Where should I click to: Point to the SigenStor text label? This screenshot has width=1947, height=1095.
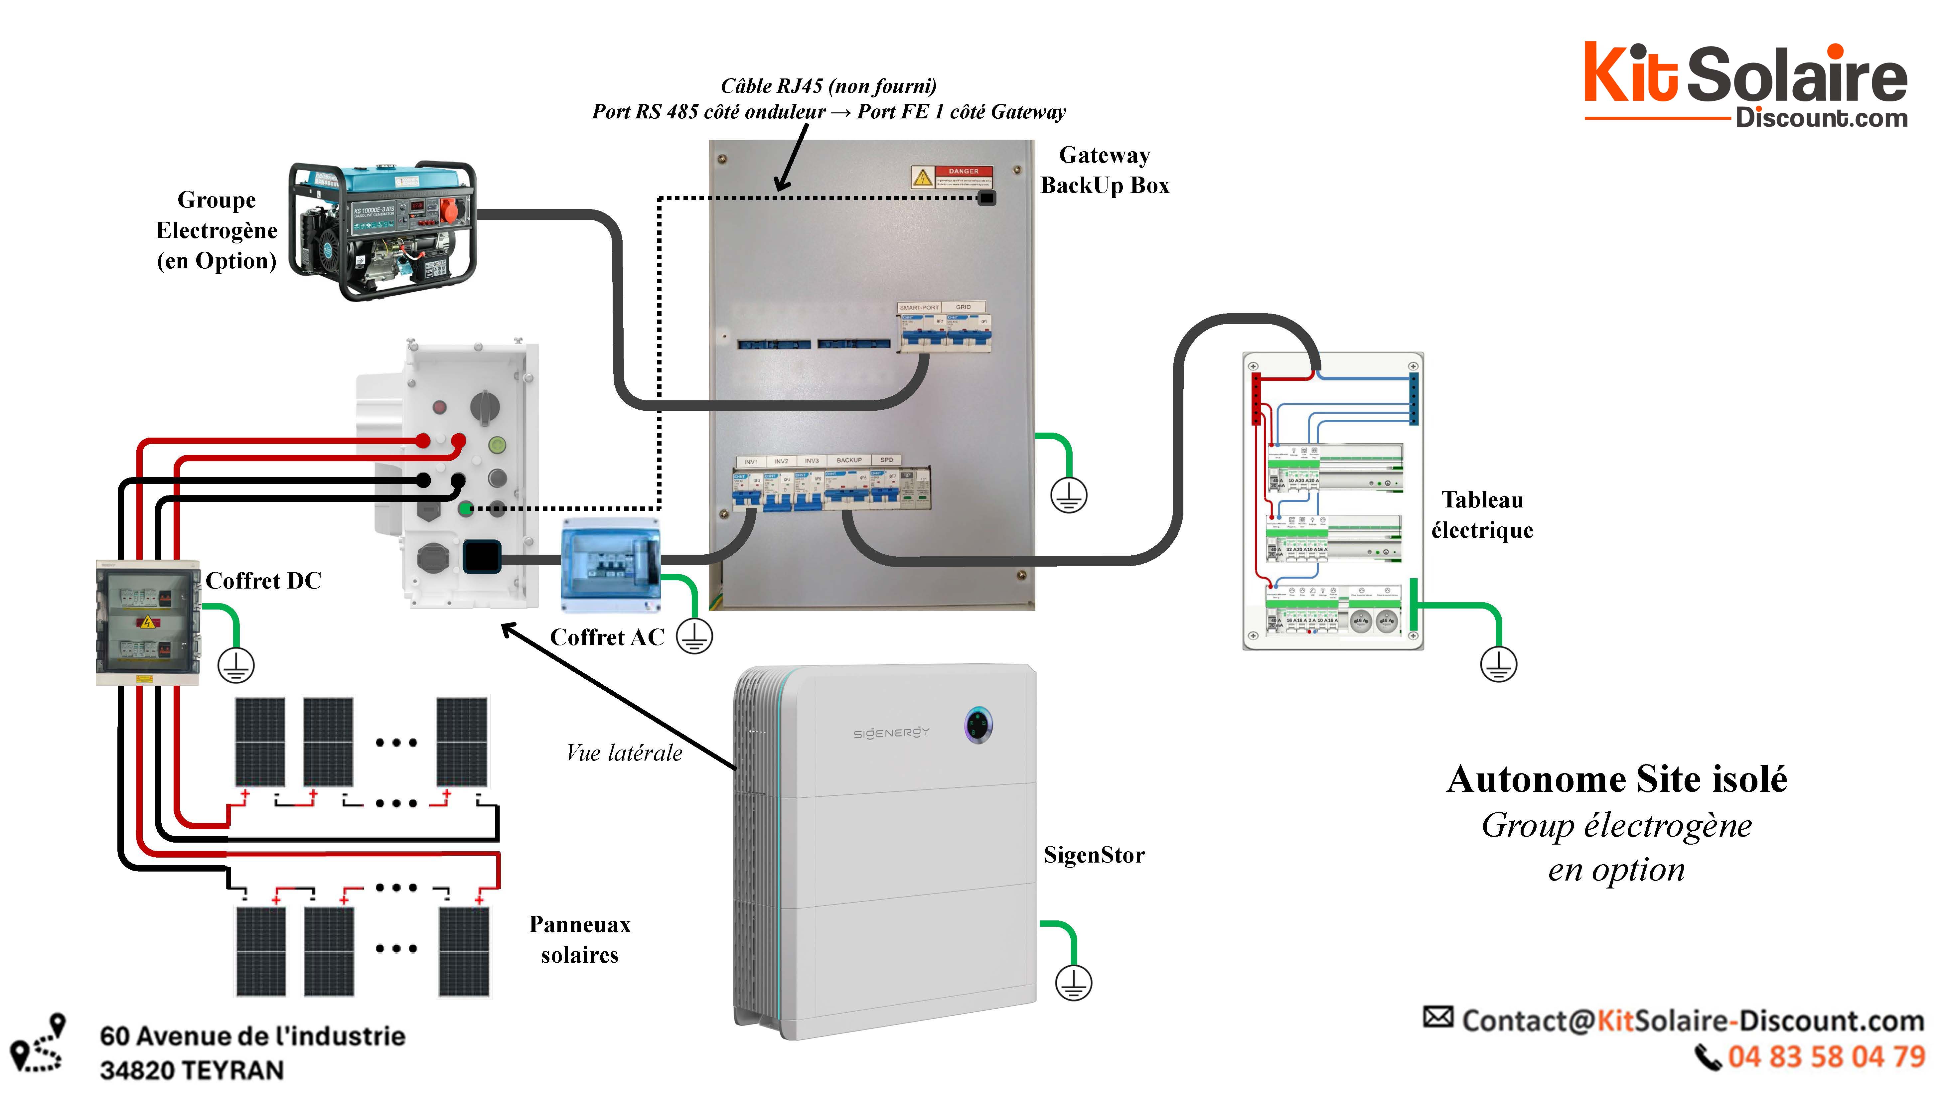click(x=1094, y=855)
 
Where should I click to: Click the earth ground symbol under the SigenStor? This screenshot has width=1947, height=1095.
click(x=1073, y=982)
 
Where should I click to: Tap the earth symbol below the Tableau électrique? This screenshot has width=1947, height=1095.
click(x=1498, y=664)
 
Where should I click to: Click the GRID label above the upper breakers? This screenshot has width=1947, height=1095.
click(x=963, y=307)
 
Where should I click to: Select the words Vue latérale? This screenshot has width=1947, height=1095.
click(x=624, y=753)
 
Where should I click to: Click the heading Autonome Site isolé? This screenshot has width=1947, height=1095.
click(x=1617, y=779)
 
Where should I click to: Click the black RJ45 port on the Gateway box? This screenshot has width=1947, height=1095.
click(x=986, y=198)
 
